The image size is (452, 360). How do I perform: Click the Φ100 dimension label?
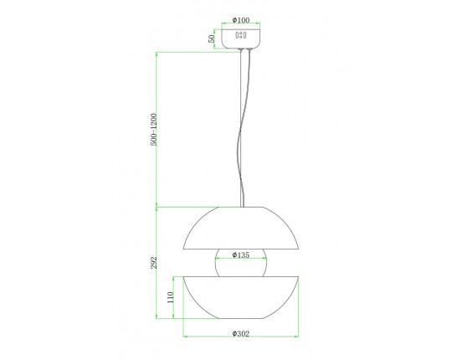241,20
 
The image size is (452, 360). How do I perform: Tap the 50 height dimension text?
212,39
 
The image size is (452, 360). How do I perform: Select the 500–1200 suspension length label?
154,130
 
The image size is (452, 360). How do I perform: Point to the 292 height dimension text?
154,263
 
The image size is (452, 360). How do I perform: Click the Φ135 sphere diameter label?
241,255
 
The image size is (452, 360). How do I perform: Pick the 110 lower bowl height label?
171,297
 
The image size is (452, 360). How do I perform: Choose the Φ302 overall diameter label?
241,333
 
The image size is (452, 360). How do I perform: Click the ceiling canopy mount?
241,39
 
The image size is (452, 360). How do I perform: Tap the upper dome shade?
241,228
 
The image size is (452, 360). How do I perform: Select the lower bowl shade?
241,297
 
